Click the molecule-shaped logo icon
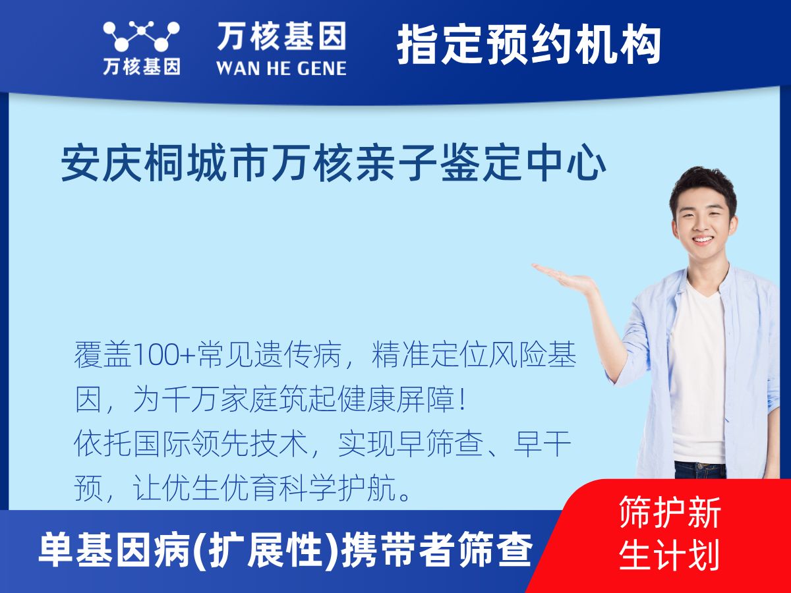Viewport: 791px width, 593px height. (x=141, y=36)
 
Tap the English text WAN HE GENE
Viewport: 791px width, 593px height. (x=281, y=69)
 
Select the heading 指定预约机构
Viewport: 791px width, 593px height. (x=529, y=45)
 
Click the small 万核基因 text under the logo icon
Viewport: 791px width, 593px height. (x=142, y=67)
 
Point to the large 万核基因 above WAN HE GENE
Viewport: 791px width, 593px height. (x=281, y=36)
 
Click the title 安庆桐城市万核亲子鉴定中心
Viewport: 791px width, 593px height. (x=334, y=164)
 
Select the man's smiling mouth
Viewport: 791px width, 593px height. (x=703, y=239)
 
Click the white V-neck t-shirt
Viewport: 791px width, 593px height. (x=698, y=374)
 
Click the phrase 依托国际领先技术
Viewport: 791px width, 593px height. (x=190, y=444)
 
